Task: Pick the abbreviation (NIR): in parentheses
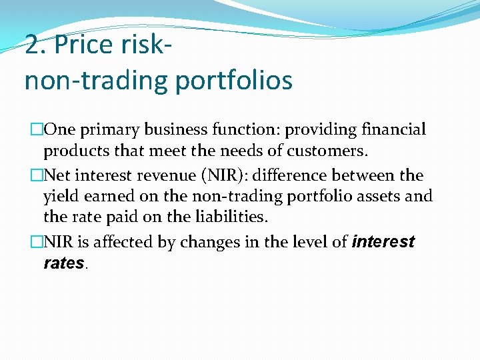[x=225, y=175]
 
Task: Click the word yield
[x=60, y=197]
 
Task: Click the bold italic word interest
[x=384, y=241]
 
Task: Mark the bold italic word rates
[x=63, y=263]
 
